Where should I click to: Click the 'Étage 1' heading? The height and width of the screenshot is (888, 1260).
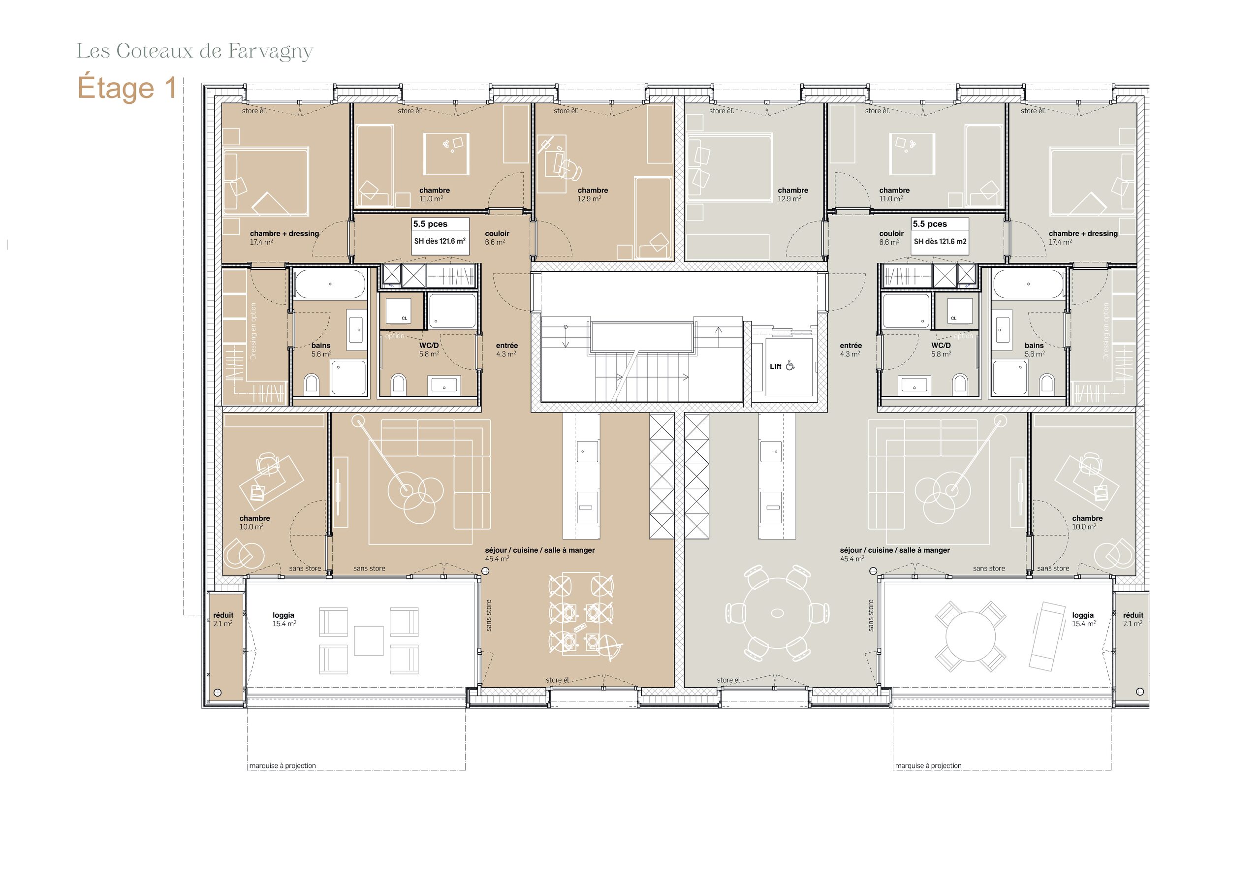point(127,89)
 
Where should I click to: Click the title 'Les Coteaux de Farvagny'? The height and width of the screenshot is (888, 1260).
point(194,51)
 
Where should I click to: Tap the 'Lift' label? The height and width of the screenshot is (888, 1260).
point(775,367)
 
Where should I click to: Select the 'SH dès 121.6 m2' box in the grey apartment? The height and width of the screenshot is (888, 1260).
point(940,242)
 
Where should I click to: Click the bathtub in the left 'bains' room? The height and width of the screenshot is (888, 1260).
point(330,284)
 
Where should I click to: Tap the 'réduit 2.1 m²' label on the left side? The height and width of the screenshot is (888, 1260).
point(223,619)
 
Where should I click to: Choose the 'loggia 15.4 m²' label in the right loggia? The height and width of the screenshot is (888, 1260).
point(1083,619)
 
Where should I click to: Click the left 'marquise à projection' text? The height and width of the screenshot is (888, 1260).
point(283,765)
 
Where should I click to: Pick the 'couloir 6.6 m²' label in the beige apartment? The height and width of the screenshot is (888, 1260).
point(497,238)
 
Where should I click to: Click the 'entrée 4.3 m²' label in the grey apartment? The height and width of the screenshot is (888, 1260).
point(850,349)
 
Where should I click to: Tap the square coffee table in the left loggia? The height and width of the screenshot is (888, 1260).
point(368,640)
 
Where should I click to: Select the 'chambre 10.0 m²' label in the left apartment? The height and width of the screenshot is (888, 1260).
point(254,522)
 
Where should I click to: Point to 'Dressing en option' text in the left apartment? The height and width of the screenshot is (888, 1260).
point(253,331)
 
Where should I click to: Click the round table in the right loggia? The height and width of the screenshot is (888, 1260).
point(970,636)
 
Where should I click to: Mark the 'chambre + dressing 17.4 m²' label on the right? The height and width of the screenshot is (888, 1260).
point(1083,238)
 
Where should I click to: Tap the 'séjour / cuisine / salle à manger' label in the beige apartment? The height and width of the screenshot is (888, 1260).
point(539,550)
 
